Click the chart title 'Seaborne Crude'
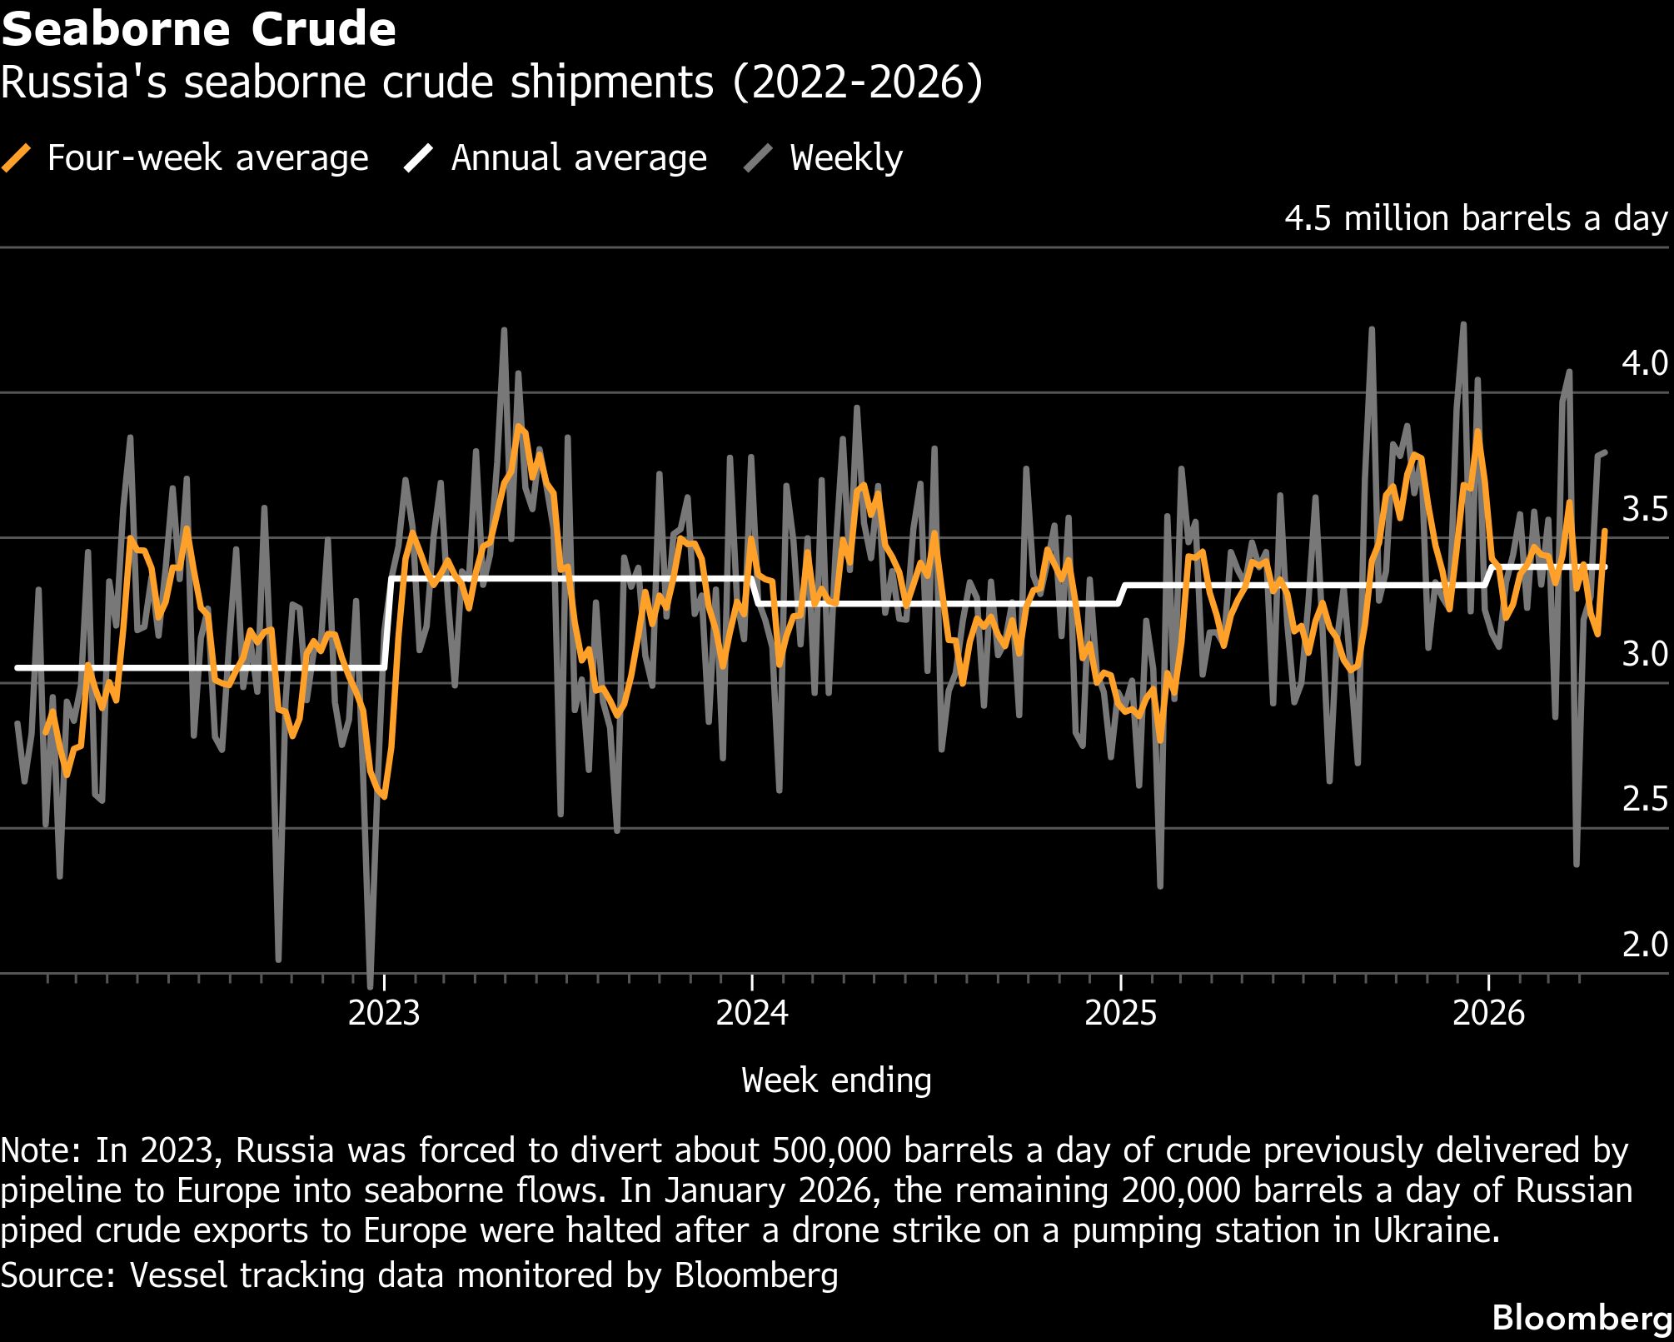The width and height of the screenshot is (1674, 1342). click(x=198, y=29)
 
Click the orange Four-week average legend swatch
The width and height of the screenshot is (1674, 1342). click(x=17, y=157)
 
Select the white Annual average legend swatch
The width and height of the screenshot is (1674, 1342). click(x=419, y=157)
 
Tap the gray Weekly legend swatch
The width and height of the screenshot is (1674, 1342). click(x=758, y=157)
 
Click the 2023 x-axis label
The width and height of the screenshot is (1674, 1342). click(x=384, y=1013)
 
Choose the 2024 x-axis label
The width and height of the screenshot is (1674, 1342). click(x=752, y=1013)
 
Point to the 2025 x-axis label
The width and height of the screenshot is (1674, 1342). click(x=1121, y=1013)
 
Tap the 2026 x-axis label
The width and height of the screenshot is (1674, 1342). click(x=1488, y=1013)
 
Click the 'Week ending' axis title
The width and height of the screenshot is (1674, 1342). click(x=836, y=1080)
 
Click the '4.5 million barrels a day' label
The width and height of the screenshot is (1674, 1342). click(x=1477, y=218)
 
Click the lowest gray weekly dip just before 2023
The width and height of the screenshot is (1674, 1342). click(x=370, y=971)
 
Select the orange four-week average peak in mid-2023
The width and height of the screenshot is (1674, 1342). click(x=519, y=427)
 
